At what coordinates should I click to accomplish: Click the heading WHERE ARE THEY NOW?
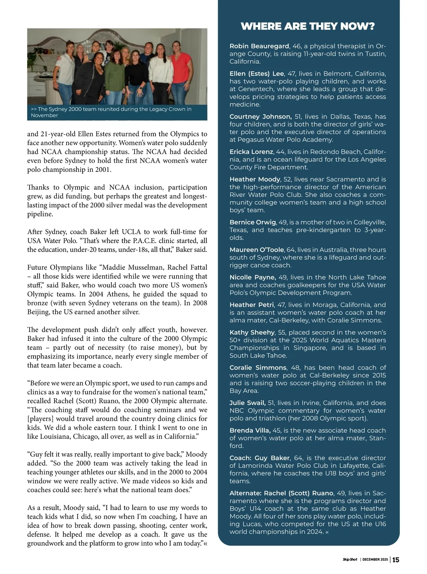click(308, 26)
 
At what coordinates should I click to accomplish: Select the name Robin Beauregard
click(259, 46)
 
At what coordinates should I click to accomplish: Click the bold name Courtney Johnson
click(260, 117)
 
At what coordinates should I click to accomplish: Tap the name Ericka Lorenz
click(251, 152)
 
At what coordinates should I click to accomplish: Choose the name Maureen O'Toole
click(257, 250)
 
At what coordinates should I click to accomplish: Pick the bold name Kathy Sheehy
click(252, 332)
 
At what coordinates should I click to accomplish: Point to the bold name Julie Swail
click(248, 403)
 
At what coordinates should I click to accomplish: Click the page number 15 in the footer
click(396, 560)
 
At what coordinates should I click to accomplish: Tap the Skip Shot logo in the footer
click(350, 560)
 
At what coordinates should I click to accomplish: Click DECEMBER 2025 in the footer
click(375, 560)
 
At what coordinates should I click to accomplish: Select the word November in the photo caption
click(44, 116)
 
